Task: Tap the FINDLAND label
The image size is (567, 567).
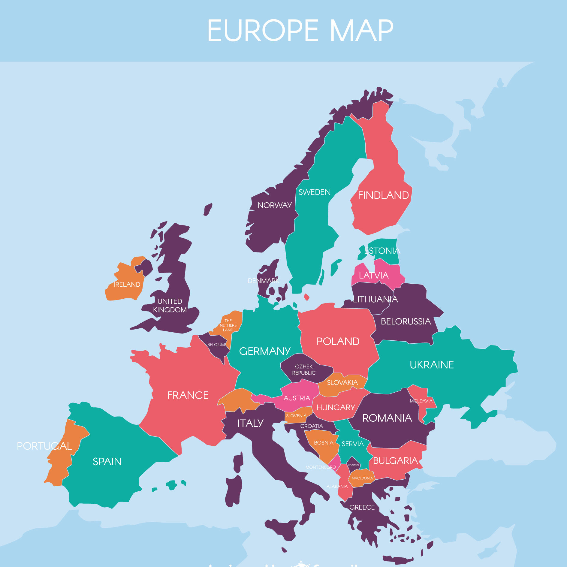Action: (383, 195)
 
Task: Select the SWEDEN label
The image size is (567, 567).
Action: (314, 192)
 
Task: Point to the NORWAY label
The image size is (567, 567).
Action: (274, 205)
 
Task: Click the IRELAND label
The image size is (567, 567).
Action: (127, 284)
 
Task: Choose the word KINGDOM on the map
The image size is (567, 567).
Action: (170, 310)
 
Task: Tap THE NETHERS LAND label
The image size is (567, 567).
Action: (228, 325)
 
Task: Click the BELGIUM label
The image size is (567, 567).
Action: (216, 345)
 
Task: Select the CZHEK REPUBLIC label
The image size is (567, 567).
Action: (304, 370)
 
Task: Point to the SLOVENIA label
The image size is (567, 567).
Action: (296, 416)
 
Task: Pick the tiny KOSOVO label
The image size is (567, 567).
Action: (353, 465)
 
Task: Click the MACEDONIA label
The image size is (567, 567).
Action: (362, 478)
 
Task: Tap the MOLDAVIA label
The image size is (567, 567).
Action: (421, 401)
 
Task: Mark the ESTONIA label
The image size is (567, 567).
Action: (382, 251)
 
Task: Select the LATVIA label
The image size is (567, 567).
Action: (373, 275)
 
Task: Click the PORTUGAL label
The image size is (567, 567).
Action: (44, 446)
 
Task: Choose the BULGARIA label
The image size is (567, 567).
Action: (395, 460)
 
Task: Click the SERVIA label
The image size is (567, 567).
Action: (352, 444)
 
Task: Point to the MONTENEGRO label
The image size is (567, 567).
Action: (320, 467)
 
